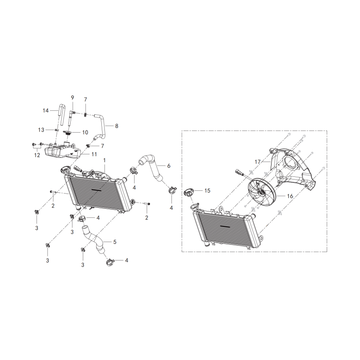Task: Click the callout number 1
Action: [x=104, y=160]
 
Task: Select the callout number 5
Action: [x=115, y=242]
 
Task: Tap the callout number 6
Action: [x=169, y=166]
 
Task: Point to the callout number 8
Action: [x=117, y=126]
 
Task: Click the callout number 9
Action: [x=72, y=98]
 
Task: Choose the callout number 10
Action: [x=85, y=132]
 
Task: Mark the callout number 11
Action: [x=94, y=154]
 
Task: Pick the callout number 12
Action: [x=37, y=155]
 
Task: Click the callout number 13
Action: [x=41, y=130]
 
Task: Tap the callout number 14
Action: [x=46, y=111]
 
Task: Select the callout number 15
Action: [x=207, y=190]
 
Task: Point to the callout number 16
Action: [x=290, y=196]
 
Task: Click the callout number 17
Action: [x=257, y=162]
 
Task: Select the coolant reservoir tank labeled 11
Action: [x=63, y=151]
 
